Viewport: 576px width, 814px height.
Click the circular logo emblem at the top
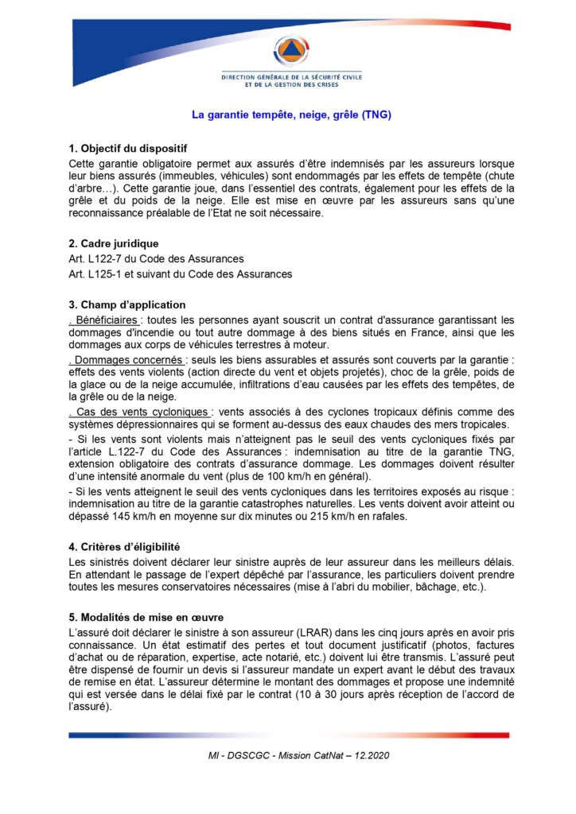[291, 51]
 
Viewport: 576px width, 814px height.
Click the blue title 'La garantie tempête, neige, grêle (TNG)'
[291, 114]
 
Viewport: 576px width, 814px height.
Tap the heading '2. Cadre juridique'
[114, 243]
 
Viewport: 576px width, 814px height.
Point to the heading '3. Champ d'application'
[127, 304]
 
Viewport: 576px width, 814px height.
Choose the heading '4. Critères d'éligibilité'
[124, 547]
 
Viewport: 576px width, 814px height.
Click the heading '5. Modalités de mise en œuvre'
[146, 618]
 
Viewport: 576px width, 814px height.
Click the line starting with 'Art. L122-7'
[157, 258]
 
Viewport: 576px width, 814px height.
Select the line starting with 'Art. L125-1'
[181, 274]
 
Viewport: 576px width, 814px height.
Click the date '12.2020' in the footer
[374, 754]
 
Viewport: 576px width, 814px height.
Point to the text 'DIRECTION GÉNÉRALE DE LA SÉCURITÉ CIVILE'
[291, 77]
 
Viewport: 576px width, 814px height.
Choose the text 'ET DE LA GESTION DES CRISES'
[291, 84]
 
